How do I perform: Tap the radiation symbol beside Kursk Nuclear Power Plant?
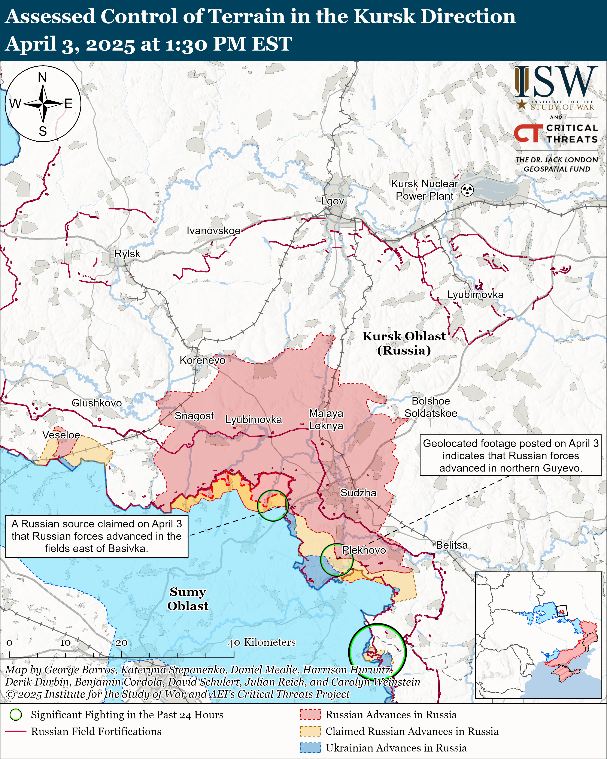tap(467, 190)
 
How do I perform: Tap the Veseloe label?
tap(61, 435)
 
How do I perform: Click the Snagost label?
tap(194, 416)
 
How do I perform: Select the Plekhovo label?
tap(364, 550)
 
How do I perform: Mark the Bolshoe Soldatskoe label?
tap(431, 407)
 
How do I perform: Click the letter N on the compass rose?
tap(42, 77)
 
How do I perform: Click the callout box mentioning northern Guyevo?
tap(511, 455)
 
